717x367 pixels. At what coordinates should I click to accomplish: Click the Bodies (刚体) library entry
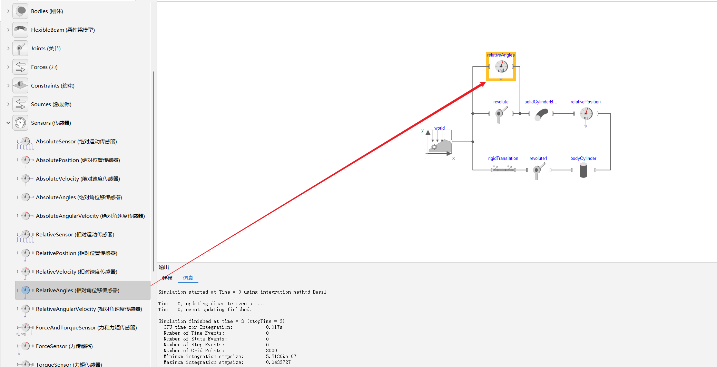[47, 11]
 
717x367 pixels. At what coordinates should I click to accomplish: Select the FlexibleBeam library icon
[20, 30]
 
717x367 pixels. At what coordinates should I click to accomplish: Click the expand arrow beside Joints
[8, 49]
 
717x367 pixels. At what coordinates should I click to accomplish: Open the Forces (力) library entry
[44, 67]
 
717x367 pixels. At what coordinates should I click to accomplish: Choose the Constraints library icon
[20, 85]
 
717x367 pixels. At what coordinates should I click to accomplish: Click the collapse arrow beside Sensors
[8, 123]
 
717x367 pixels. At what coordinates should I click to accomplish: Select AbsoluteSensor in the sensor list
[76, 142]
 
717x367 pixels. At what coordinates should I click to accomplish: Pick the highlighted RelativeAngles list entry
[78, 290]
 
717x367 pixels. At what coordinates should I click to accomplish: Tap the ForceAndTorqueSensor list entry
[86, 328]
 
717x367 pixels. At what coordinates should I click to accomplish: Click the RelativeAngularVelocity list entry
[89, 309]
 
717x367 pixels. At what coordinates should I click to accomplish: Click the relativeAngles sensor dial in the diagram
[501, 67]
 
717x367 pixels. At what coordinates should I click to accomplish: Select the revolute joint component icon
[501, 114]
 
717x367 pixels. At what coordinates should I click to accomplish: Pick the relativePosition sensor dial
[586, 113]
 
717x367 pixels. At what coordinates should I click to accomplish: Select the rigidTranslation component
[503, 169]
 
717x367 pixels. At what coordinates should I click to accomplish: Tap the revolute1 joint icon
[538, 171]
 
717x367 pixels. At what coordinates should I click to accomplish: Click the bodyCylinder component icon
[583, 170]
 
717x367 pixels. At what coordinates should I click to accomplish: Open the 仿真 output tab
[188, 278]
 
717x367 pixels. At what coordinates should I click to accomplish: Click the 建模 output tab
[167, 278]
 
